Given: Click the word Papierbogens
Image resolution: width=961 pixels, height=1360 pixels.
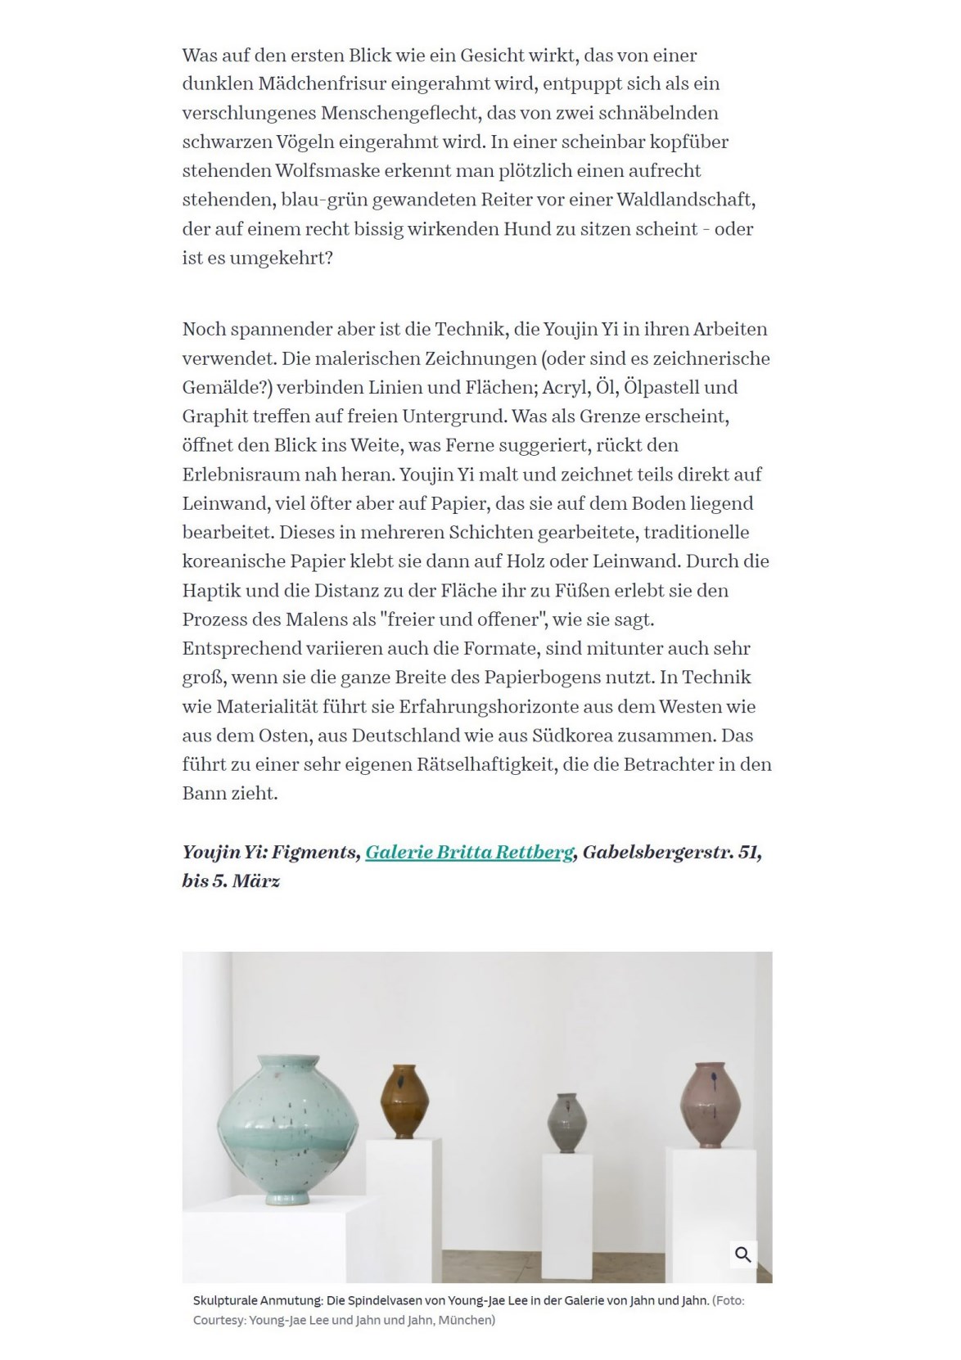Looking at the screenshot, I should (x=541, y=678).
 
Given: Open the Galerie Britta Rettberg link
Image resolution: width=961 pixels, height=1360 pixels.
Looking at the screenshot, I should (x=469, y=852).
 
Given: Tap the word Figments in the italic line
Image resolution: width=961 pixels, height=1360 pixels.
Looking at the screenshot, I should (x=314, y=852).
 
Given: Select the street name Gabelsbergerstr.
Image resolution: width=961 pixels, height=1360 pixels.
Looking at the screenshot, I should (x=657, y=852).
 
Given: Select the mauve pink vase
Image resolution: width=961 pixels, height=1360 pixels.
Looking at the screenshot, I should (x=711, y=1104).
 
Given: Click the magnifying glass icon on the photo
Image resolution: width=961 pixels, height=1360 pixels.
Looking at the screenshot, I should (x=742, y=1254).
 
